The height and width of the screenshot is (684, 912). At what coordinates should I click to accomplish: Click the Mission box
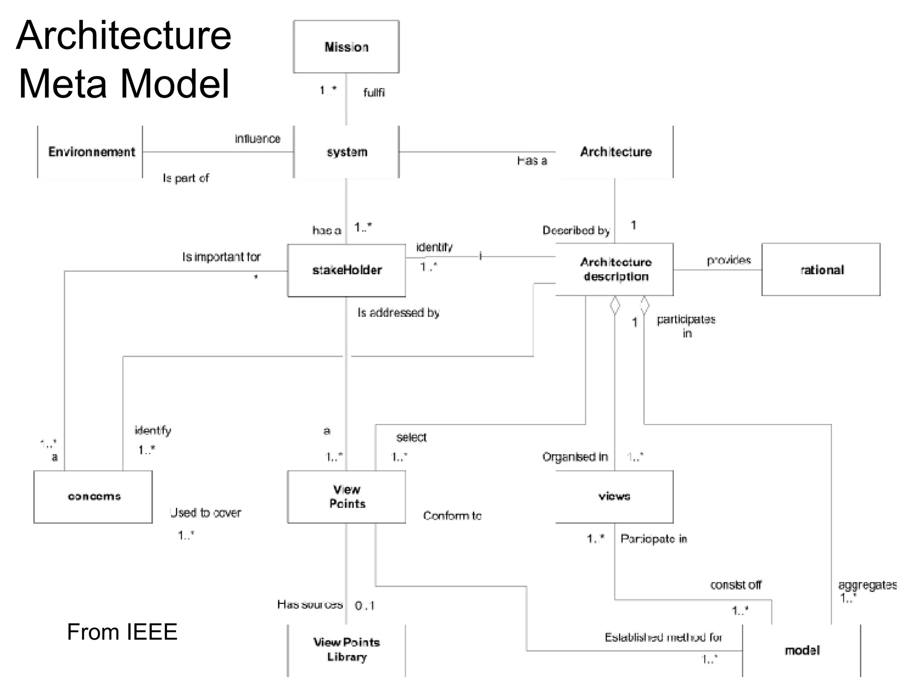346,47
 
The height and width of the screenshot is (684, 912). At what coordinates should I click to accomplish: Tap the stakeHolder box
346,270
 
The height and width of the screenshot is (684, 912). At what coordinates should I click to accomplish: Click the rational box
821,269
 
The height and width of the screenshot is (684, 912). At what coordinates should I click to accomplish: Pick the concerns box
93,497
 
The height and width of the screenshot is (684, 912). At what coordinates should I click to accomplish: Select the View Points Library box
346,650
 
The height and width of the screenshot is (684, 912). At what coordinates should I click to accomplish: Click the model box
801,650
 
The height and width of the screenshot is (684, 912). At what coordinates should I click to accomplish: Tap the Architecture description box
615,269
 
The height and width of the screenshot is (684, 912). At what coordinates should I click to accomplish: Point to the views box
614,497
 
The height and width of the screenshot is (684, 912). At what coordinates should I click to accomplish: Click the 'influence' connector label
257,139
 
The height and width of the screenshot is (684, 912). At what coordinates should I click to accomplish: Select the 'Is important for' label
221,257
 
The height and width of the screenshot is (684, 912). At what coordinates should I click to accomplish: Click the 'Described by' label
576,230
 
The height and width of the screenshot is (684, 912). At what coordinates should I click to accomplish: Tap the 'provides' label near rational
729,260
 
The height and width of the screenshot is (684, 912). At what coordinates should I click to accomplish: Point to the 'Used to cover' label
205,513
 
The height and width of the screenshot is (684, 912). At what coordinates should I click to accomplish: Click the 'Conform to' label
452,516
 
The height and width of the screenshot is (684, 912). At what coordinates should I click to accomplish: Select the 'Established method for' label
663,637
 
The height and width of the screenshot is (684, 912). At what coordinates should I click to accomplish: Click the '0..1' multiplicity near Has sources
365,606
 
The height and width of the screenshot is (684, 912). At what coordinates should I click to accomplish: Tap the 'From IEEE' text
122,632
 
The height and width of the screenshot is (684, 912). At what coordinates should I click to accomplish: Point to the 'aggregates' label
867,585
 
